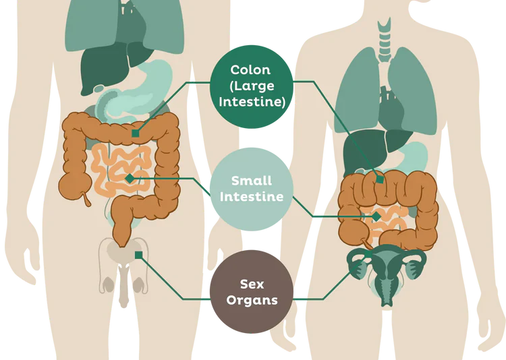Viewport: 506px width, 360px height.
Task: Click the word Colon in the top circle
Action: coord(250,70)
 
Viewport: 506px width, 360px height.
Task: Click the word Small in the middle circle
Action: coord(252,181)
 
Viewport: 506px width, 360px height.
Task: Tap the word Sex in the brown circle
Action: coord(252,284)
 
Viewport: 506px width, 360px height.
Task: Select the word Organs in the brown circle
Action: coord(252,300)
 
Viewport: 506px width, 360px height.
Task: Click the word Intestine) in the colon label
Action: coord(252,102)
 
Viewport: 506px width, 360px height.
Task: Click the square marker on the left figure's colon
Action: coord(136,133)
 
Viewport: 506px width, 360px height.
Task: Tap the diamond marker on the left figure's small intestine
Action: coord(130,179)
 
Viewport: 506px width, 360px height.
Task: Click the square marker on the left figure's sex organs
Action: coord(139,255)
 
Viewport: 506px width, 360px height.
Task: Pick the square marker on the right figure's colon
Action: coord(380,179)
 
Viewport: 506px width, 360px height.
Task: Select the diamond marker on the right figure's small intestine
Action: coord(376,217)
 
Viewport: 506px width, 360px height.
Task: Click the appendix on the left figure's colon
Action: coord(87,199)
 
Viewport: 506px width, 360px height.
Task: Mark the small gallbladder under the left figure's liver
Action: coord(99,89)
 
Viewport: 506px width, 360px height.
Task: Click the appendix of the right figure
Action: coord(366,243)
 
